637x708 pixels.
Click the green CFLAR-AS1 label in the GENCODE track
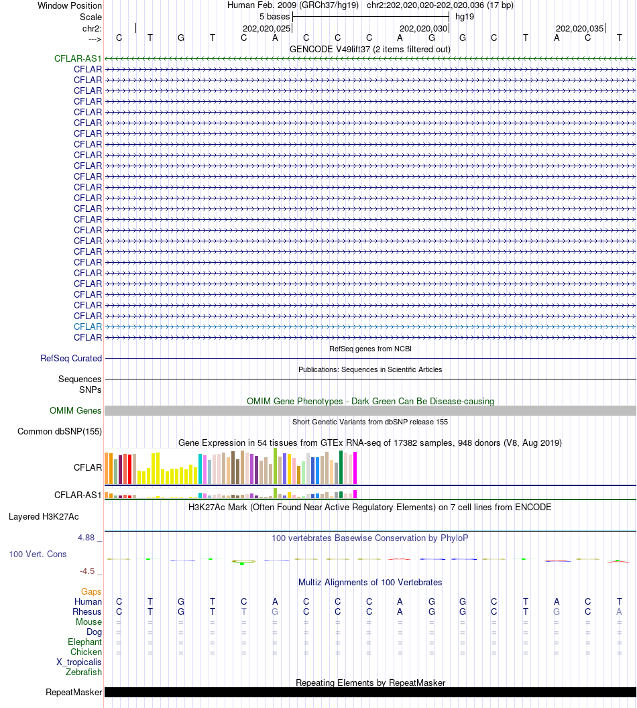click(x=78, y=59)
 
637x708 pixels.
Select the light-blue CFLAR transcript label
click(x=88, y=327)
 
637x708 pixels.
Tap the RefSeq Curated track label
click(x=71, y=359)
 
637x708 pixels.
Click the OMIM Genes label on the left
click(x=76, y=411)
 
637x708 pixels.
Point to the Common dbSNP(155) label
click(x=60, y=431)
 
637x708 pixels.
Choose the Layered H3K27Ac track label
click(x=44, y=517)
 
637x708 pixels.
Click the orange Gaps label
click(x=91, y=591)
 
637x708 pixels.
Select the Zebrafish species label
click(x=84, y=672)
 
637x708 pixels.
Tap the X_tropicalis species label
click(x=79, y=662)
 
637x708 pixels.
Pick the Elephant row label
click(x=84, y=642)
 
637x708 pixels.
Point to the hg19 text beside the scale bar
click(x=465, y=16)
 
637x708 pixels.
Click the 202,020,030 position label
click(x=422, y=29)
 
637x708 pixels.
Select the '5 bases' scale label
click(x=274, y=16)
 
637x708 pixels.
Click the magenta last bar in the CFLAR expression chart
click(x=355, y=468)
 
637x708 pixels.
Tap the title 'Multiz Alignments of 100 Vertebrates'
click(x=370, y=582)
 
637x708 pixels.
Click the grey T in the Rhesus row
click(x=244, y=611)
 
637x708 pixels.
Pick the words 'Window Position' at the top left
click(x=70, y=5)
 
